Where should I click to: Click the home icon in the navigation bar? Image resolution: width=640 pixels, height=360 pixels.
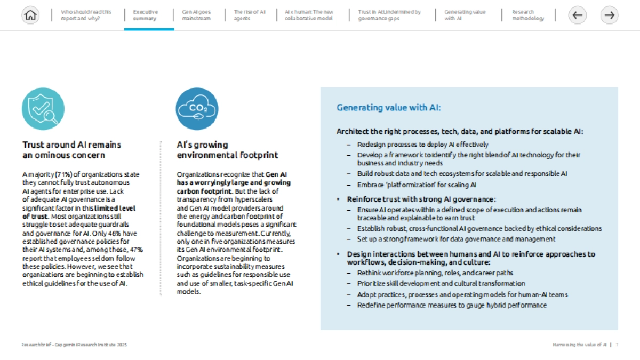31,15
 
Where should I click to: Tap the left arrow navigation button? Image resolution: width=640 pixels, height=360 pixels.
577,15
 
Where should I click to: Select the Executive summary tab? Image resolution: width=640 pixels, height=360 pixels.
146,15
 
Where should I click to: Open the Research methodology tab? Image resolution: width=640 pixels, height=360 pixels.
528,15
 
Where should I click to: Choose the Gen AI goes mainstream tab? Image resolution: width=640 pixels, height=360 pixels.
196,15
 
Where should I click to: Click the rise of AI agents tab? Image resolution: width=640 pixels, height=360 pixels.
250,15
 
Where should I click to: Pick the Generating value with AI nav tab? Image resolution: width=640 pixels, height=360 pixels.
465,15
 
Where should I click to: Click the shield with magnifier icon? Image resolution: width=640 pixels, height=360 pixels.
43,109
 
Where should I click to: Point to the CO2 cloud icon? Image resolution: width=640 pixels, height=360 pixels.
197,109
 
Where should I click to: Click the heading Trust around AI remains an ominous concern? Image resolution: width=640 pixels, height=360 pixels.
72,150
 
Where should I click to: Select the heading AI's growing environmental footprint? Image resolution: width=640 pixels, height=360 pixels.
227,150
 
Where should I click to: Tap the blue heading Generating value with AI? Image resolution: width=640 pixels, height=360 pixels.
389,108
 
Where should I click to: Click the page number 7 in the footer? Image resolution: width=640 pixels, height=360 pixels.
617,345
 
